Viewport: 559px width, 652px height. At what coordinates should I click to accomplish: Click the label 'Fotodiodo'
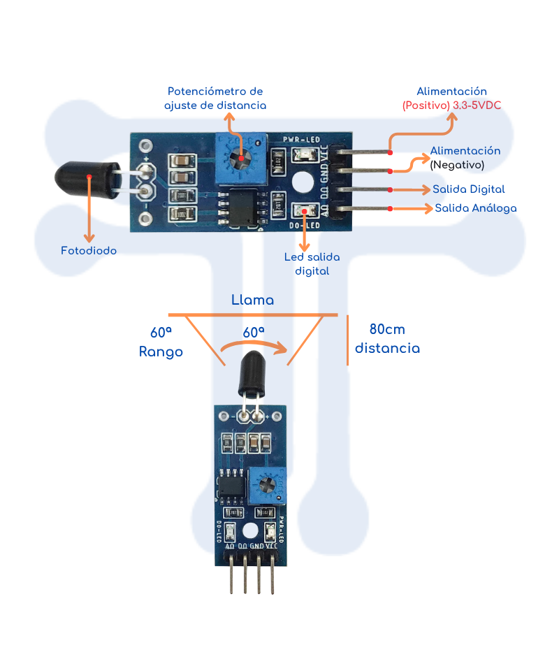coord(89,250)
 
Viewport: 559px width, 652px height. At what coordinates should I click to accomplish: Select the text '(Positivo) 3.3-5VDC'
coord(451,105)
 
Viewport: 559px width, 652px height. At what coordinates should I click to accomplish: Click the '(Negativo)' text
coord(457,164)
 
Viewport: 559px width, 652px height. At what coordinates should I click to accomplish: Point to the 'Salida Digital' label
coord(468,189)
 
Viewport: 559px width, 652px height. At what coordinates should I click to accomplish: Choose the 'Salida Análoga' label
coord(476,208)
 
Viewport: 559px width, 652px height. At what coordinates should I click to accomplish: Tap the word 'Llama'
coord(252,300)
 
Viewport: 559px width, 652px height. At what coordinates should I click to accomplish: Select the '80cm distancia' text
coord(387,339)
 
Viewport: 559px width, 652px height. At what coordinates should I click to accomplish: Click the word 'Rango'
coord(161,352)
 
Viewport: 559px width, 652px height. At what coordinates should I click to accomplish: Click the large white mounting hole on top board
coord(302,182)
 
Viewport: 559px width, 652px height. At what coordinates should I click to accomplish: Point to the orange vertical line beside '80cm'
coord(347,340)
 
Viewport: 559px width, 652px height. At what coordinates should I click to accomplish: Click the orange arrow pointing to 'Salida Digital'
coord(409,189)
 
